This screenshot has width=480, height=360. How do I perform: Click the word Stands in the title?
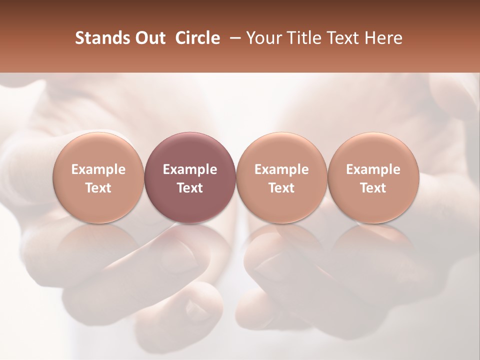(102, 38)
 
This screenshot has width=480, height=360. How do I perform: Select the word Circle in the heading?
(197, 38)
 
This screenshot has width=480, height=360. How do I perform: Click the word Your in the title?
(262, 38)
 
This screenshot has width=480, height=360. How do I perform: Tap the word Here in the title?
(382, 38)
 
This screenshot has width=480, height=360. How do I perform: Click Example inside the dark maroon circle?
(190, 169)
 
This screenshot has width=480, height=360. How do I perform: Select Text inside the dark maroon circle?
(190, 188)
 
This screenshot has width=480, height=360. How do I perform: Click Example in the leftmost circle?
(98, 169)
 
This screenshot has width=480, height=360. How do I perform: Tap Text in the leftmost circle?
(98, 188)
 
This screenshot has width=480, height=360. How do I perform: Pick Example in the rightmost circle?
(373, 169)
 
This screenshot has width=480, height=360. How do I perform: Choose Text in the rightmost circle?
(373, 188)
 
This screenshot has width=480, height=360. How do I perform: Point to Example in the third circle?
(281, 169)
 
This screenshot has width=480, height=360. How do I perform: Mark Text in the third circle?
(281, 188)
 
